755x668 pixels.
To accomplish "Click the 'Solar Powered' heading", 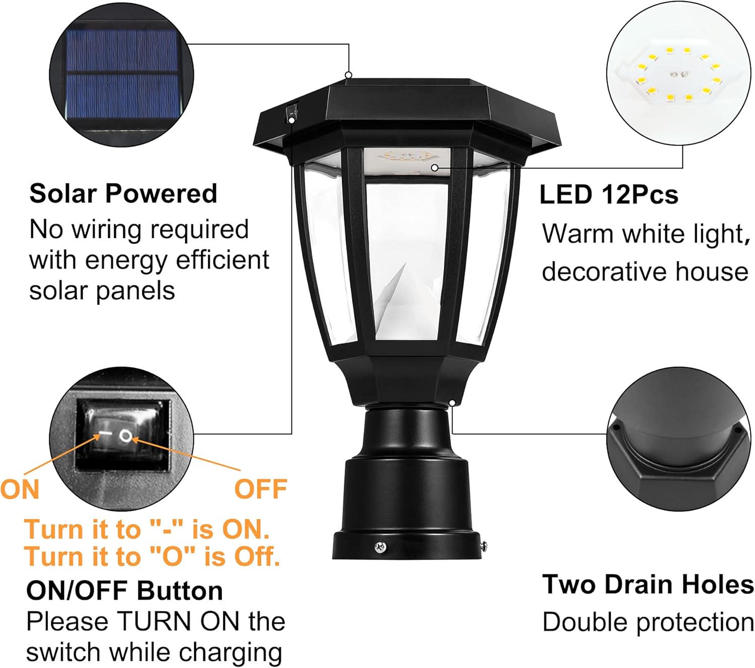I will coord(123,194).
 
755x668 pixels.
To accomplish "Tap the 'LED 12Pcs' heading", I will coord(609,195).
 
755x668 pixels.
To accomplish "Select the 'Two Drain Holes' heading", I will coord(648,584).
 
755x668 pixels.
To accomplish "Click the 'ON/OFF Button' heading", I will coord(124,591).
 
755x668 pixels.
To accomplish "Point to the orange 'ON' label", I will coord(20,489).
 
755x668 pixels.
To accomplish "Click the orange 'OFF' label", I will coord(261,489).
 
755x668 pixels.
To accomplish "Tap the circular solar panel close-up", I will coord(121,75).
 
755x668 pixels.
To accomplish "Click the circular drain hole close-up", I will coord(678,439).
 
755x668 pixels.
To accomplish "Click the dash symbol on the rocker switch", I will coord(105,433).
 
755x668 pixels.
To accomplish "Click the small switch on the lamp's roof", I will coord(291,114).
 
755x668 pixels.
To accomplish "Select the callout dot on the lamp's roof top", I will coord(348,75).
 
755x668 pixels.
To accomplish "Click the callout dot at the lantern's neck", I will coord(452,403).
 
